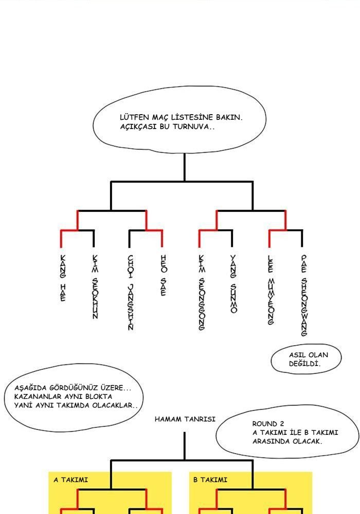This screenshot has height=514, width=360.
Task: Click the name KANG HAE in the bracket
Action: point(62,278)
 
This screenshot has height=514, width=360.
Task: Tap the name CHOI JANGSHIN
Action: point(130,292)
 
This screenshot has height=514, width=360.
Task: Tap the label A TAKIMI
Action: point(71,480)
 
